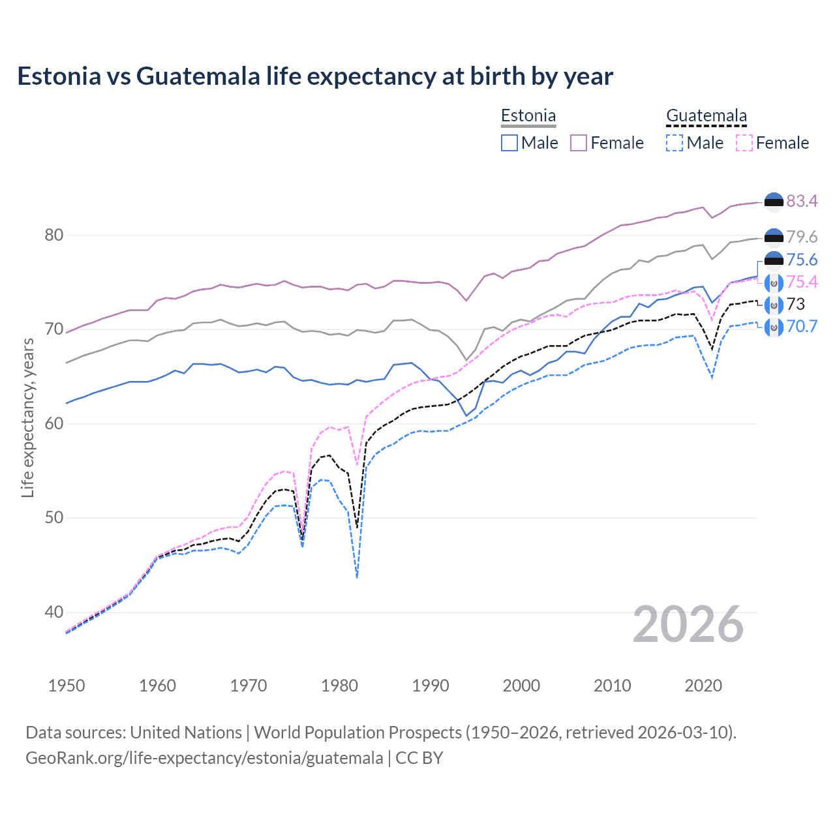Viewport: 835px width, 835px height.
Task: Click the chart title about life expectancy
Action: coord(315,76)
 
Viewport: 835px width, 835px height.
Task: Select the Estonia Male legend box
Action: coord(509,143)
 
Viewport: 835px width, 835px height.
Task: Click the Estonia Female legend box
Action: coord(579,143)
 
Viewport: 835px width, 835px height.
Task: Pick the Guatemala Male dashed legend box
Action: coord(675,143)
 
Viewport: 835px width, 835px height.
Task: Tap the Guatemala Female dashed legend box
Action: coord(744,143)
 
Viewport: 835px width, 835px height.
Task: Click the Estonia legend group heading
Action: coord(528,116)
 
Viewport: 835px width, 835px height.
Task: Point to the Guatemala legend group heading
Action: coord(706,116)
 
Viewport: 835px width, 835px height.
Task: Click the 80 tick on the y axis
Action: coord(54,235)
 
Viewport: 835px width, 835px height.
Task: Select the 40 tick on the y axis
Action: coord(54,613)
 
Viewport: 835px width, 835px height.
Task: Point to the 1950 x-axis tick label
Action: coord(67,686)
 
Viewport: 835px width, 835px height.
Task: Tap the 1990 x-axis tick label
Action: coord(431,686)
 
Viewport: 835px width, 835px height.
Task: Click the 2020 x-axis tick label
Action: coord(703,686)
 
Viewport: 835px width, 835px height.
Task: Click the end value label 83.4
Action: coord(802,202)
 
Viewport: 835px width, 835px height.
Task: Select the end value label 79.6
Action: coord(802,237)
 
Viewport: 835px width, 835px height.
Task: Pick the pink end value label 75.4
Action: coord(802,282)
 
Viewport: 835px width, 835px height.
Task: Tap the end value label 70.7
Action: coord(802,326)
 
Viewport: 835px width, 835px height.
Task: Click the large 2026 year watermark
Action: coord(688,625)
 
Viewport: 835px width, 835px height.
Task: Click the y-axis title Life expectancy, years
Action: coord(28,417)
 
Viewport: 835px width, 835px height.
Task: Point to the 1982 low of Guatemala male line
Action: coord(357,577)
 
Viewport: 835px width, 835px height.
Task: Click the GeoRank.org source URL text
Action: coord(204,758)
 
